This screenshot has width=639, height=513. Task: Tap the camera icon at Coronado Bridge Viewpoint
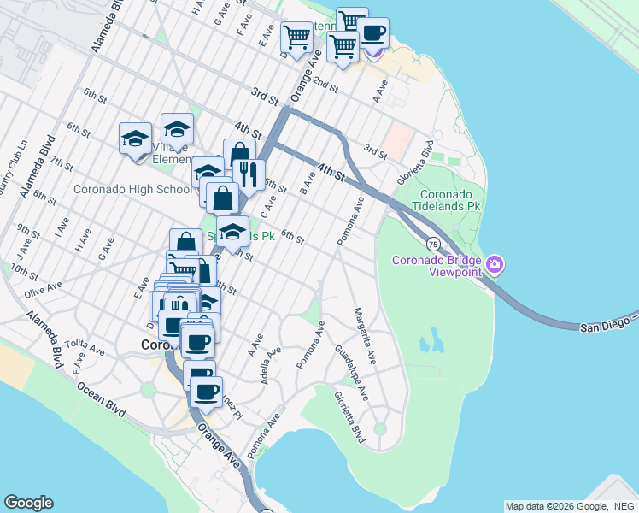click(x=494, y=266)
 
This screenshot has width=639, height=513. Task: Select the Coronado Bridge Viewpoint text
click(x=436, y=266)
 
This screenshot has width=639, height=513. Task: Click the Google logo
click(x=28, y=503)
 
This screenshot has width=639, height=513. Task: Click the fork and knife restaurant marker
click(x=249, y=174)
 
